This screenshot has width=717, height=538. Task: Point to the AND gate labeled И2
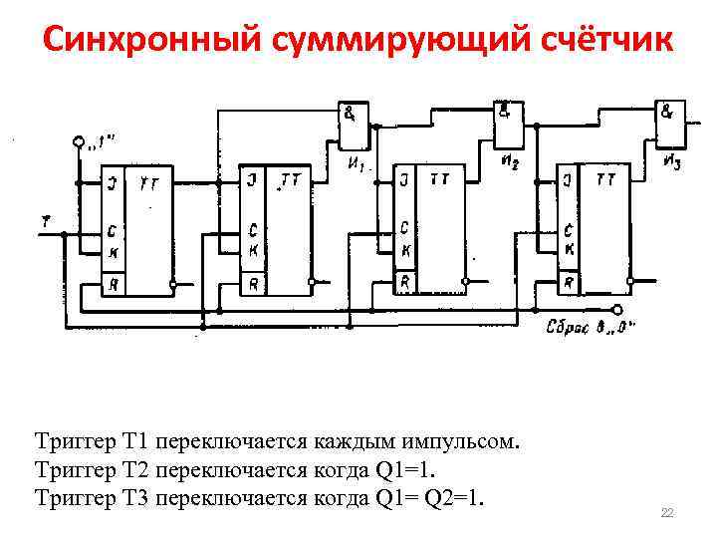(x=507, y=119)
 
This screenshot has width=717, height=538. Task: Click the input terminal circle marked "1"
(x=79, y=142)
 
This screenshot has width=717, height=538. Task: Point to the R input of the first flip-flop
(x=113, y=284)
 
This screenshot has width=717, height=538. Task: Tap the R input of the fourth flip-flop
(x=568, y=284)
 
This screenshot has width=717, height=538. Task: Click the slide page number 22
(x=667, y=512)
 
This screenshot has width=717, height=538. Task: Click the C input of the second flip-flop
(x=254, y=227)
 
